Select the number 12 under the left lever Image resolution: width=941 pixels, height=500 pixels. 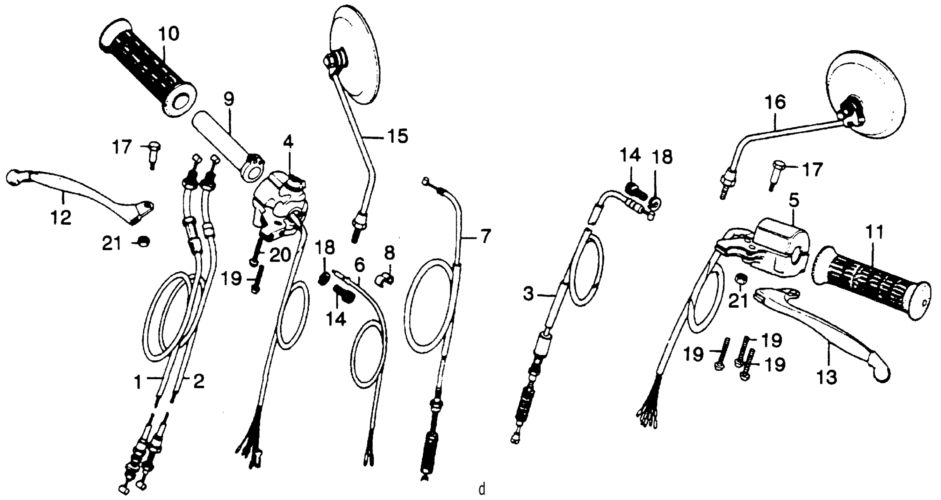coord(61,218)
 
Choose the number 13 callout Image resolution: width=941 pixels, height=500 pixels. coord(827,377)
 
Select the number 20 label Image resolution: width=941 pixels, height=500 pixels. coord(280,255)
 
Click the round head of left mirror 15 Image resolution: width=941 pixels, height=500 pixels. coord(354,55)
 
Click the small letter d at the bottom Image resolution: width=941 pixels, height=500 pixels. coord(482,488)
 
